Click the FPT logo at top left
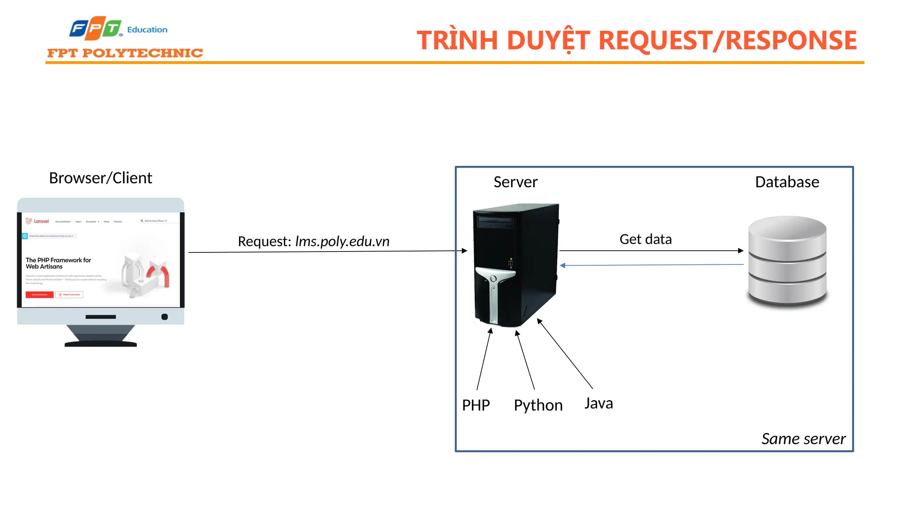tap(96, 28)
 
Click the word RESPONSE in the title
tap(791, 40)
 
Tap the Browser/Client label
tap(100, 178)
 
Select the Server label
tap(515, 182)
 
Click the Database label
tap(787, 182)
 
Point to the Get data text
tap(645, 239)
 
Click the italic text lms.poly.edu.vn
tap(342, 241)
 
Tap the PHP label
tap(476, 405)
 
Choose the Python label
tap(538, 405)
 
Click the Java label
tap(599, 403)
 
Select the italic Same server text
tap(803, 439)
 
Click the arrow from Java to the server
tap(565, 354)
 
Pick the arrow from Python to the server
tap(525, 360)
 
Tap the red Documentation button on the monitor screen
tap(40, 295)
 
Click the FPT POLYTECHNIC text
tap(125, 53)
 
